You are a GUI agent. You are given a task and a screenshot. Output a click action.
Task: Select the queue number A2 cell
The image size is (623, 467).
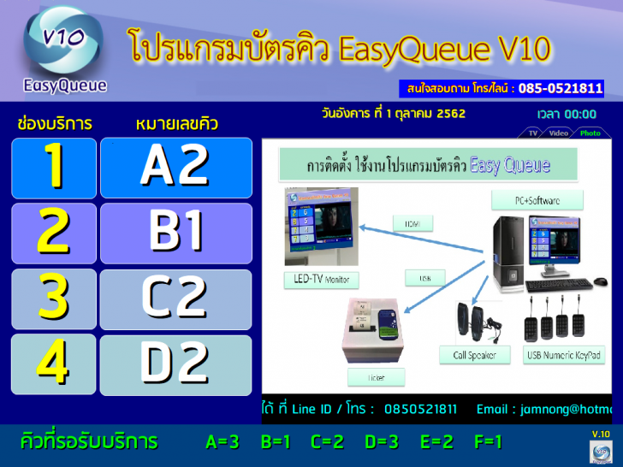coord(175,168)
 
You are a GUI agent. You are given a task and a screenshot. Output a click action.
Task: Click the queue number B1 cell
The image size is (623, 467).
coord(175,233)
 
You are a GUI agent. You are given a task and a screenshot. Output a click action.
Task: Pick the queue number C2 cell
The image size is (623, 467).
coord(175,299)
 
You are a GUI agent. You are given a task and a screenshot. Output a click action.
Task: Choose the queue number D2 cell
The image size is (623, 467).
coord(175,364)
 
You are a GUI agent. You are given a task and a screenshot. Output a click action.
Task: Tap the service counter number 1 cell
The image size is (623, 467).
coord(54,168)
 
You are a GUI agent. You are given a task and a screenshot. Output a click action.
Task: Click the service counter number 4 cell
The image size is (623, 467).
coord(54,364)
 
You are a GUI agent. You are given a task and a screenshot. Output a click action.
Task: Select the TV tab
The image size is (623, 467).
coord(532,133)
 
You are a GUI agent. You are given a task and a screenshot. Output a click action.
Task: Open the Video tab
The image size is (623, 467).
coord(559,133)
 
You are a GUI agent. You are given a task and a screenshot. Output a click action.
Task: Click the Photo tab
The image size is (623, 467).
coord(590,133)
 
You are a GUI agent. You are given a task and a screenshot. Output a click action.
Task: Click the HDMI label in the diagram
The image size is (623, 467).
coord(412,223)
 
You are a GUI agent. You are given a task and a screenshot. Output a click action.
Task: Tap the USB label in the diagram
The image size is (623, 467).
coord(424,278)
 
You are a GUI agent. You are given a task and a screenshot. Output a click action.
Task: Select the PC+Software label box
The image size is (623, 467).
coord(537,200)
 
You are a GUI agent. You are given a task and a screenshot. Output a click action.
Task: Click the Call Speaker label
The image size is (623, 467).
coord(475,355)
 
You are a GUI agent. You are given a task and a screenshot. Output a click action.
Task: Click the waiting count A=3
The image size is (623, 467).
coord(222,442)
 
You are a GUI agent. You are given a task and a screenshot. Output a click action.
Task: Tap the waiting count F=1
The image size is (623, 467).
coord(488,442)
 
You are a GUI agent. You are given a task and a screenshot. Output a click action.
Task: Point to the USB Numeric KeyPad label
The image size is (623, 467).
coord(563,355)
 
